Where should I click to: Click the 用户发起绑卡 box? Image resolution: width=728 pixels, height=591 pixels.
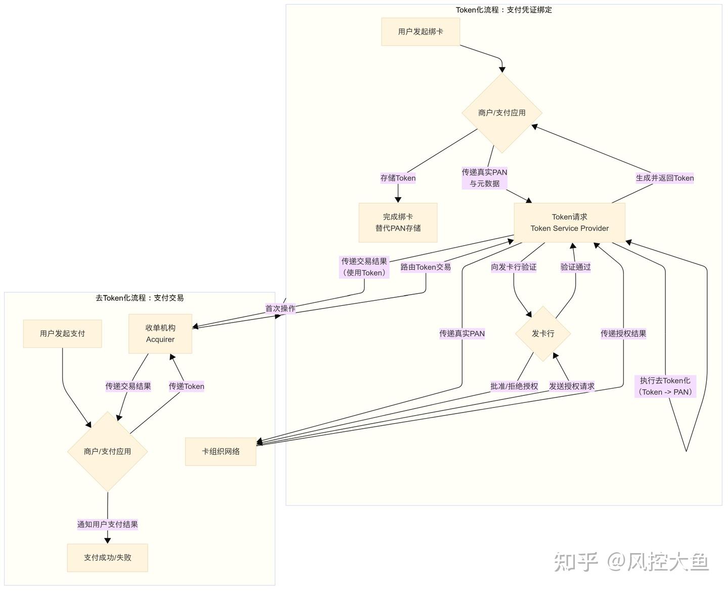pyautogui.click(x=420, y=32)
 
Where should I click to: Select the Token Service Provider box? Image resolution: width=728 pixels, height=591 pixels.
pyautogui.click(x=569, y=222)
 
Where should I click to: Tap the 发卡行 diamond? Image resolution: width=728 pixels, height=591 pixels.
pyautogui.click(x=543, y=334)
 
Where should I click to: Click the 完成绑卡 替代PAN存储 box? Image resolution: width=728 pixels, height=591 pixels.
pyautogui.click(x=398, y=222)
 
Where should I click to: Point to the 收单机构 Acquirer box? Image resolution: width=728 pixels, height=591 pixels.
pyautogui.click(x=160, y=334)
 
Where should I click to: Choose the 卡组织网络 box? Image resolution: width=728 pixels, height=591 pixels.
pyautogui.click(x=221, y=451)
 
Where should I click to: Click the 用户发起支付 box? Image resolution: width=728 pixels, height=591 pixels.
pyautogui.click(x=62, y=334)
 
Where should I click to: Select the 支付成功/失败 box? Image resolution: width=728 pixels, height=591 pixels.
pyautogui.click(x=107, y=558)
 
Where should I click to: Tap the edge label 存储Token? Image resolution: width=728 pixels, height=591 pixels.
pyautogui.click(x=398, y=178)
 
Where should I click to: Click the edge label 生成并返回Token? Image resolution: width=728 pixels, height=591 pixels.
pyautogui.click(x=664, y=178)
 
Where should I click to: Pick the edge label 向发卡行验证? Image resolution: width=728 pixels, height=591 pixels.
pyautogui.click(x=514, y=267)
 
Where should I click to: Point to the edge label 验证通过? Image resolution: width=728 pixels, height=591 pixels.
pyautogui.click(x=575, y=267)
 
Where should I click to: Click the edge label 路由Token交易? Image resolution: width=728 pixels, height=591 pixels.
pyautogui.click(x=426, y=267)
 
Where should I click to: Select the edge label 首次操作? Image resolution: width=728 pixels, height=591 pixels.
pyautogui.click(x=280, y=308)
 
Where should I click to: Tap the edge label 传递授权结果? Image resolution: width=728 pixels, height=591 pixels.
pyautogui.click(x=623, y=334)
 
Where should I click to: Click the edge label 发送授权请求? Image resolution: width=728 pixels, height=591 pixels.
pyautogui.click(x=571, y=386)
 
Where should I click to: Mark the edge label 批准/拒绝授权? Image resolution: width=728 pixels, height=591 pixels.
pyautogui.click(x=514, y=386)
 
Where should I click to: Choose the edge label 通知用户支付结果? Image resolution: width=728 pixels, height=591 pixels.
pyautogui.click(x=107, y=524)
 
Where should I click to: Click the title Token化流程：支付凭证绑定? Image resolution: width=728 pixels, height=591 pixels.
pyautogui.click(x=504, y=10)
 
